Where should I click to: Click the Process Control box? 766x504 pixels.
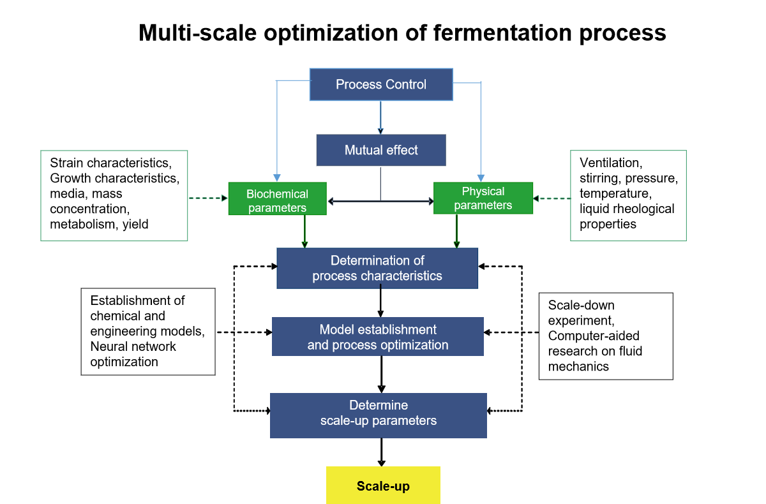381,84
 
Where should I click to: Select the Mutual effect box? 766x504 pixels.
381,150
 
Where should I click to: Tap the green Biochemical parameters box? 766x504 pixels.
277,198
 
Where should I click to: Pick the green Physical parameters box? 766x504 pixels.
483,198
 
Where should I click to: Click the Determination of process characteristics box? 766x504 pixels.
377,268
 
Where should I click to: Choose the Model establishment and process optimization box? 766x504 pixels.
377,337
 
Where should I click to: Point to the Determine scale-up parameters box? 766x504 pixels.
378,415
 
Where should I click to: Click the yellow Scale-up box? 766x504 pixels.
383,485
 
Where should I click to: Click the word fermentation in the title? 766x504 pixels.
503,33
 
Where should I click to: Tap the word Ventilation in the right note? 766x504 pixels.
611,163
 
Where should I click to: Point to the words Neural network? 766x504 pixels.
133,346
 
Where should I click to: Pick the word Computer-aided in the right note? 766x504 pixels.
594,336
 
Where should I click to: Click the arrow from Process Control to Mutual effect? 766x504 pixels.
380,117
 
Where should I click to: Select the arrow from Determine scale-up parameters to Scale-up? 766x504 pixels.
381,452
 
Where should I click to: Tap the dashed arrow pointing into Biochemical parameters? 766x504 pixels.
208,198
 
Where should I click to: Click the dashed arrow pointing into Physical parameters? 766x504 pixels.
552,198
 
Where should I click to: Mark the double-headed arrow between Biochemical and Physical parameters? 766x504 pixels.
380,201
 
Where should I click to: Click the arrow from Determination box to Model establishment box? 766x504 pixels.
380,303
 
